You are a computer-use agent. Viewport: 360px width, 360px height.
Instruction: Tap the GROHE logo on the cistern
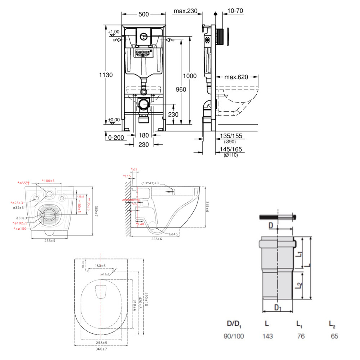coord(144,53)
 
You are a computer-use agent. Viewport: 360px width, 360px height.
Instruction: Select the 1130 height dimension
coord(106,75)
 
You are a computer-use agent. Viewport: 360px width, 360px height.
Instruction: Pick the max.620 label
coord(237,77)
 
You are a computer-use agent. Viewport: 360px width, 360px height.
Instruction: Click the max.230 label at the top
coord(185,11)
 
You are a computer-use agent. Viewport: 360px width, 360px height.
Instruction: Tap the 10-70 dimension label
coord(236,11)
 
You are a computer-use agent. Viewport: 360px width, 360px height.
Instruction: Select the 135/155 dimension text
coord(231,136)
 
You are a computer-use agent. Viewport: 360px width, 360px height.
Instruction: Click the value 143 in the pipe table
coord(267,336)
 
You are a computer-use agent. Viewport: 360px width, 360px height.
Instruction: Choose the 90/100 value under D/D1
coord(234,336)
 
